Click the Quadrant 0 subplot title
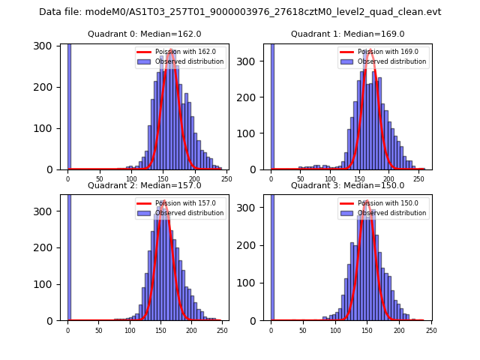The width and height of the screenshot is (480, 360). [144, 34]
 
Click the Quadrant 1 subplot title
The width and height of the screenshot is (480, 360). [347, 34]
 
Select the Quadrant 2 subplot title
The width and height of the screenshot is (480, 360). [144, 185]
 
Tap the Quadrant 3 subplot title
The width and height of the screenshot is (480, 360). [347, 185]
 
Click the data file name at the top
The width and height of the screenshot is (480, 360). [240, 12]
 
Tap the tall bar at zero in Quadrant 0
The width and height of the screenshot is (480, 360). [68, 105]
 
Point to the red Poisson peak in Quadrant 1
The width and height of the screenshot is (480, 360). [370, 51]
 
